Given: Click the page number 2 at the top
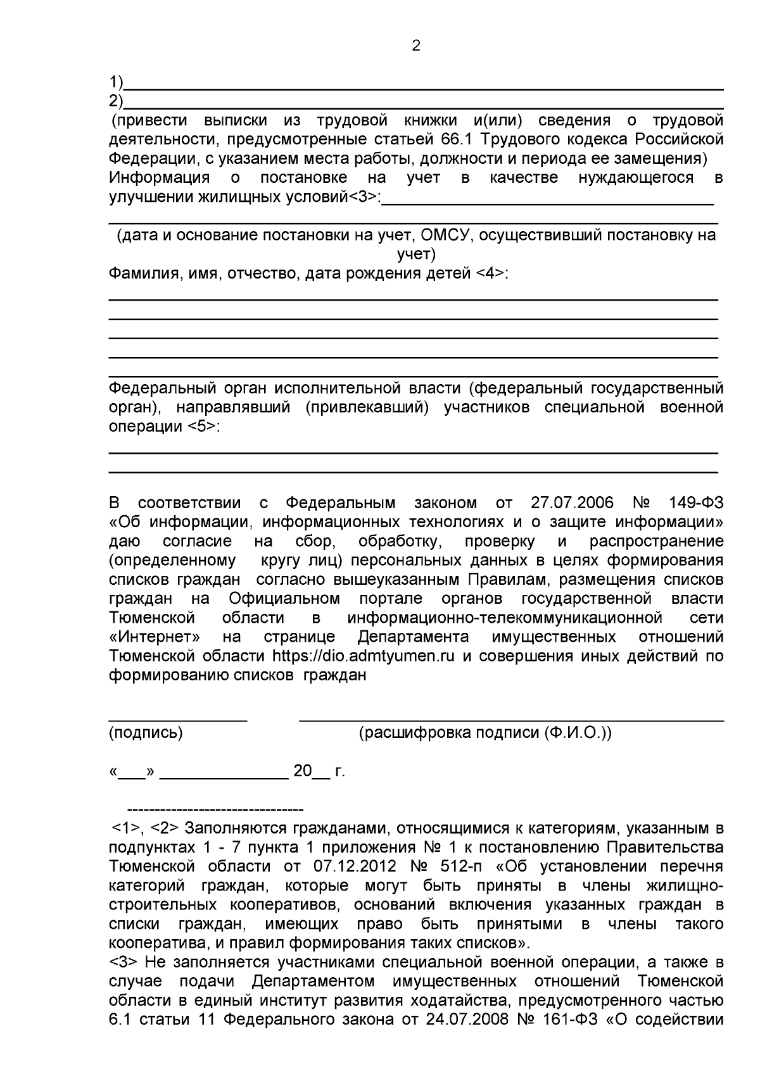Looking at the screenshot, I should click(415, 46).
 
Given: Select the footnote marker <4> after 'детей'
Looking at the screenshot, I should click(491, 273).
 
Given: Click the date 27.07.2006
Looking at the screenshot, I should click(572, 503).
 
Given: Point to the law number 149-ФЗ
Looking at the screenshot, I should click(695, 503).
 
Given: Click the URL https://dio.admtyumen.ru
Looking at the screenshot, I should click(364, 656).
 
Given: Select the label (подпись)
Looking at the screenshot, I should click(146, 733).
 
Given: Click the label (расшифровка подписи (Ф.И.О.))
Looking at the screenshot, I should click(485, 733).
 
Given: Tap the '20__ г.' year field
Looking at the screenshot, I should click(319, 771).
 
